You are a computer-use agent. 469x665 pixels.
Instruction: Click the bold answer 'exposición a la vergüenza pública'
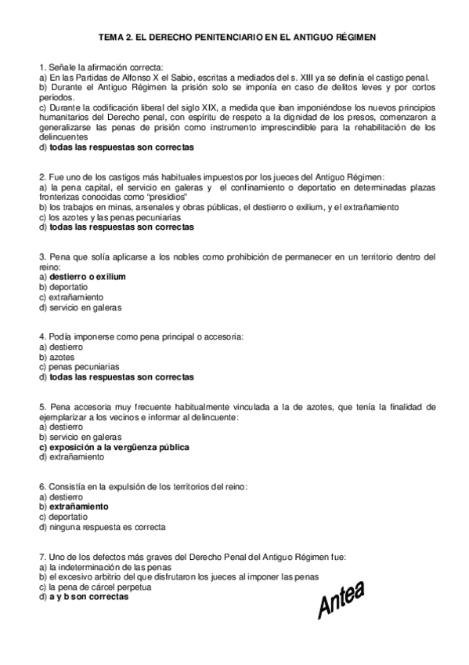click(118, 447)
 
